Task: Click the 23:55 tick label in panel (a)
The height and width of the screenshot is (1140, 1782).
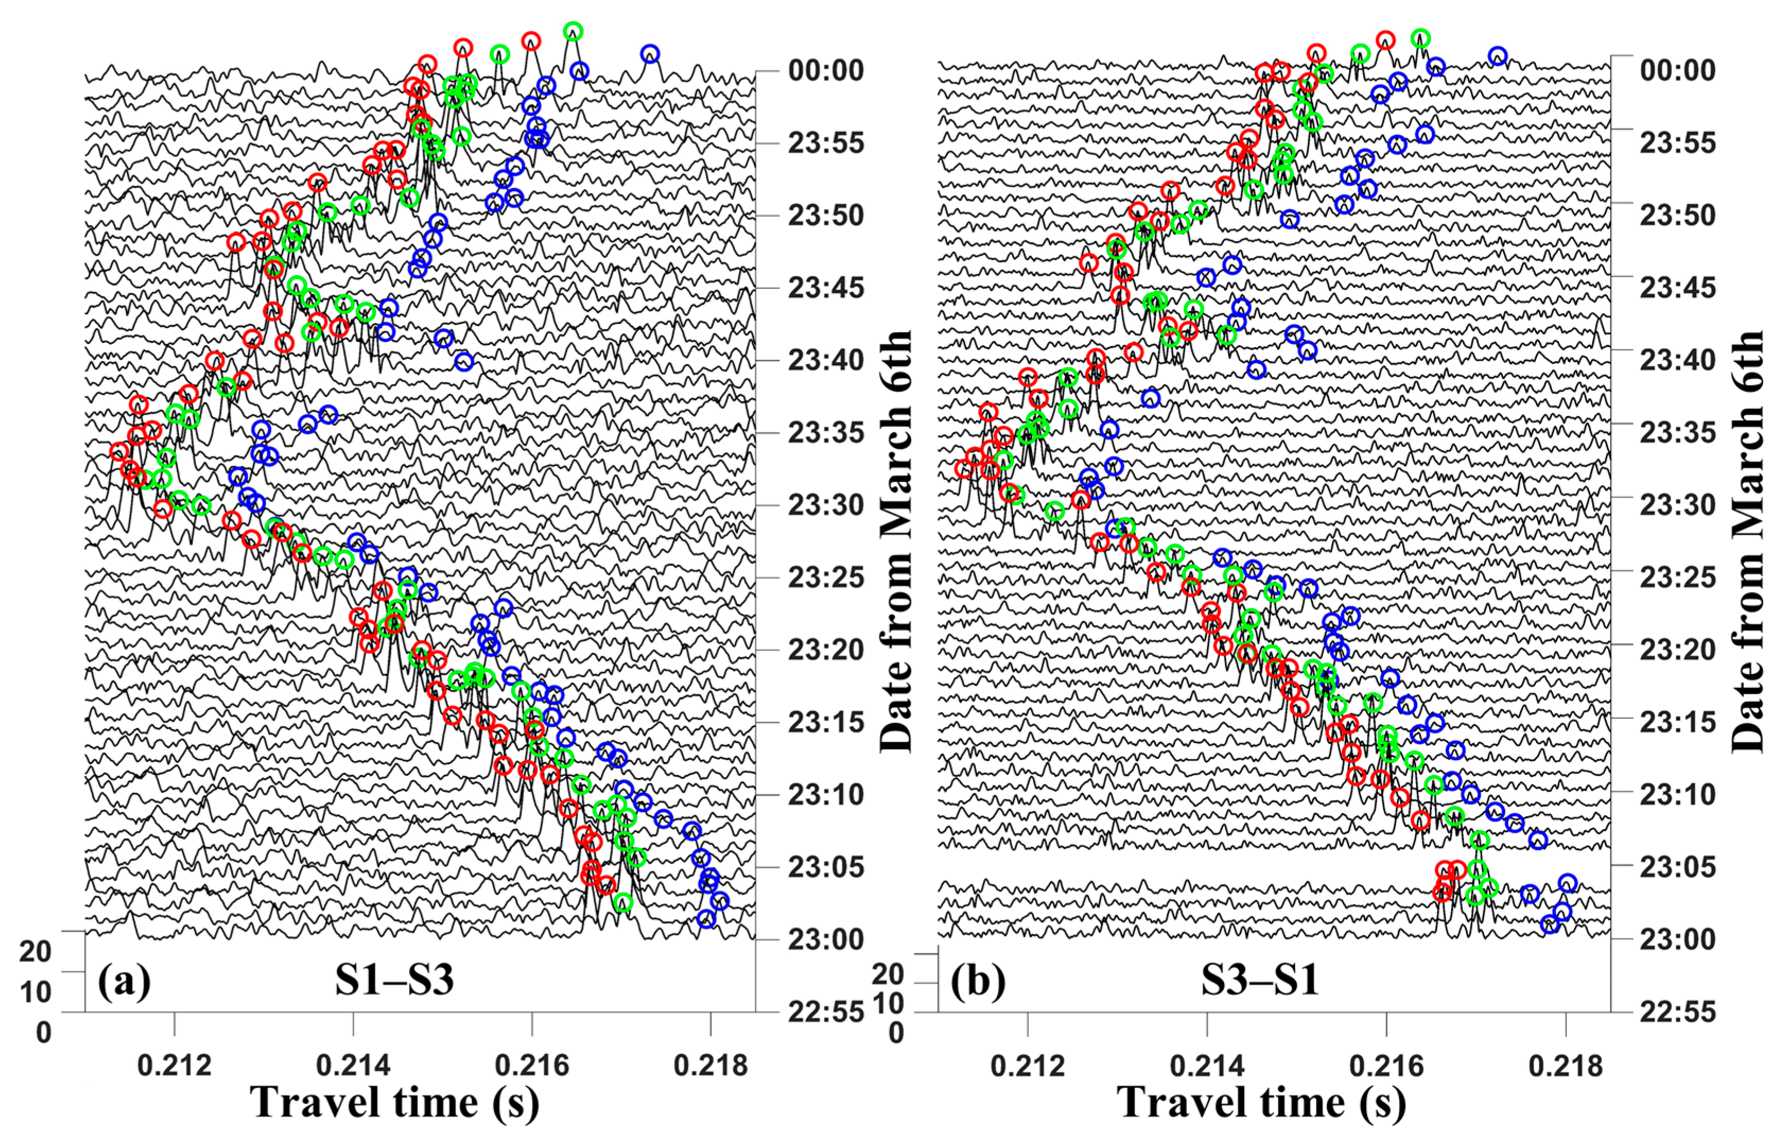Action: pyautogui.click(x=825, y=143)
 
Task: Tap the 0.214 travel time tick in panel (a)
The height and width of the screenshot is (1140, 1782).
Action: pyautogui.click(x=353, y=1065)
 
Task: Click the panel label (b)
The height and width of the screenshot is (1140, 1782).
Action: pyautogui.click(x=977, y=981)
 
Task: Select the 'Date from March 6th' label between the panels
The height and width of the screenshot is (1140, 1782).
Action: pyautogui.click(x=897, y=541)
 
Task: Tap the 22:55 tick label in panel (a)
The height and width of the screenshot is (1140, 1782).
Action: pyautogui.click(x=825, y=1011)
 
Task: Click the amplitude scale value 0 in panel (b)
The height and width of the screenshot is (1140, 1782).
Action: pyautogui.click(x=896, y=1032)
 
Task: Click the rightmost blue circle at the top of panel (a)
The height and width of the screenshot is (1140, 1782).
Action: pyautogui.click(x=650, y=54)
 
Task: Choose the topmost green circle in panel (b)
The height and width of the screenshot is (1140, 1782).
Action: pyautogui.click(x=1419, y=38)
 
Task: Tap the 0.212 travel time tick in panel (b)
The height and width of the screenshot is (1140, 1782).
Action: pyautogui.click(x=1027, y=1065)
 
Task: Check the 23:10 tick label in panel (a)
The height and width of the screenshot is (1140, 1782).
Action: pyautogui.click(x=825, y=795)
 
